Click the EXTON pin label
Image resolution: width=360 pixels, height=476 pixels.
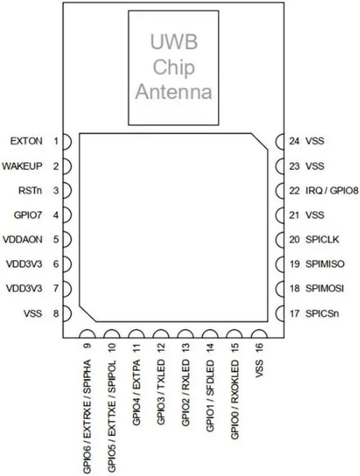[x=26, y=142]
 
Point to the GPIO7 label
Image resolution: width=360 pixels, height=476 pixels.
[x=28, y=215]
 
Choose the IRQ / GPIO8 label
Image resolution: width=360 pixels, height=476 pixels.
[x=331, y=191]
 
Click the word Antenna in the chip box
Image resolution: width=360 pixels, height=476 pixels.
[x=173, y=91]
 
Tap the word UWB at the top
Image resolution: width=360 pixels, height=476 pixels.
[x=173, y=42]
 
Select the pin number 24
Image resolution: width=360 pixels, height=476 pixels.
[x=294, y=142]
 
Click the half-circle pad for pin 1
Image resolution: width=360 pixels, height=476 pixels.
[x=66, y=142]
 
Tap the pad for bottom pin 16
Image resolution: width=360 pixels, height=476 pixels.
[x=259, y=334]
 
